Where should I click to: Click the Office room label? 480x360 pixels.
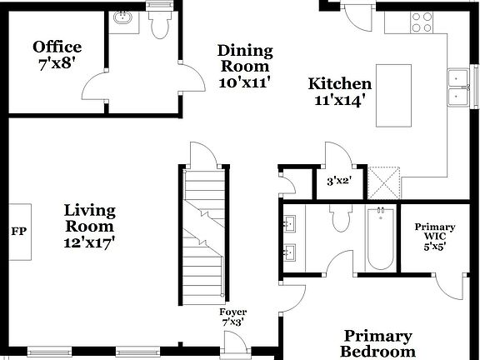(x=57, y=54)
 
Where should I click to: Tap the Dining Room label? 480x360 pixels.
(x=245, y=67)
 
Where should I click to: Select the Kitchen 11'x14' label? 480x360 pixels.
(x=340, y=91)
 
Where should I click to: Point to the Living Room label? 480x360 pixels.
(x=90, y=226)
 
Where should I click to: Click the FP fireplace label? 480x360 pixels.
(x=18, y=231)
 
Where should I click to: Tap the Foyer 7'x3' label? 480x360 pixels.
(x=232, y=317)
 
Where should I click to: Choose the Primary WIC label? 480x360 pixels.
(x=435, y=236)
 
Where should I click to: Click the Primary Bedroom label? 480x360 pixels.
(x=377, y=343)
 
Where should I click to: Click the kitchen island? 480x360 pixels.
(x=393, y=95)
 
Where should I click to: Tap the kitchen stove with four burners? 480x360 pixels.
(x=422, y=22)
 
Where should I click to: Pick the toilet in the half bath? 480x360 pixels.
(x=157, y=25)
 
